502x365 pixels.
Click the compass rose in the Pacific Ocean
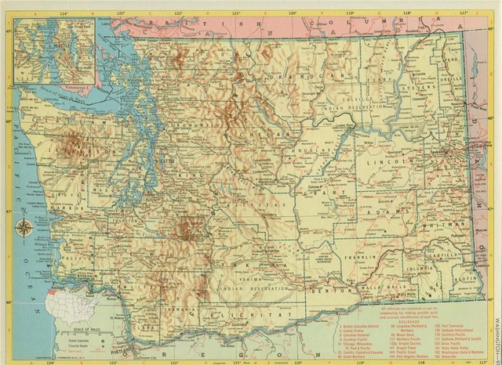(24, 229)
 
